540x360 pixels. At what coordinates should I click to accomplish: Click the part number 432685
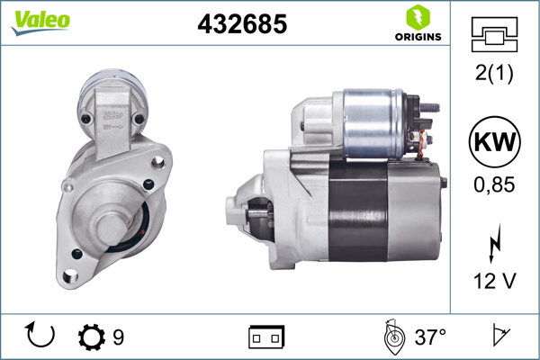(241, 24)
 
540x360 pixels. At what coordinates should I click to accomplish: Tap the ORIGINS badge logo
(416, 24)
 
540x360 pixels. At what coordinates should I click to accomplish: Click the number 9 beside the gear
(118, 337)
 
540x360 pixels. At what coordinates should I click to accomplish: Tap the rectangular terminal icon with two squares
(266, 337)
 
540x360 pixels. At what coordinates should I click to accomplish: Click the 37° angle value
(430, 337)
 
